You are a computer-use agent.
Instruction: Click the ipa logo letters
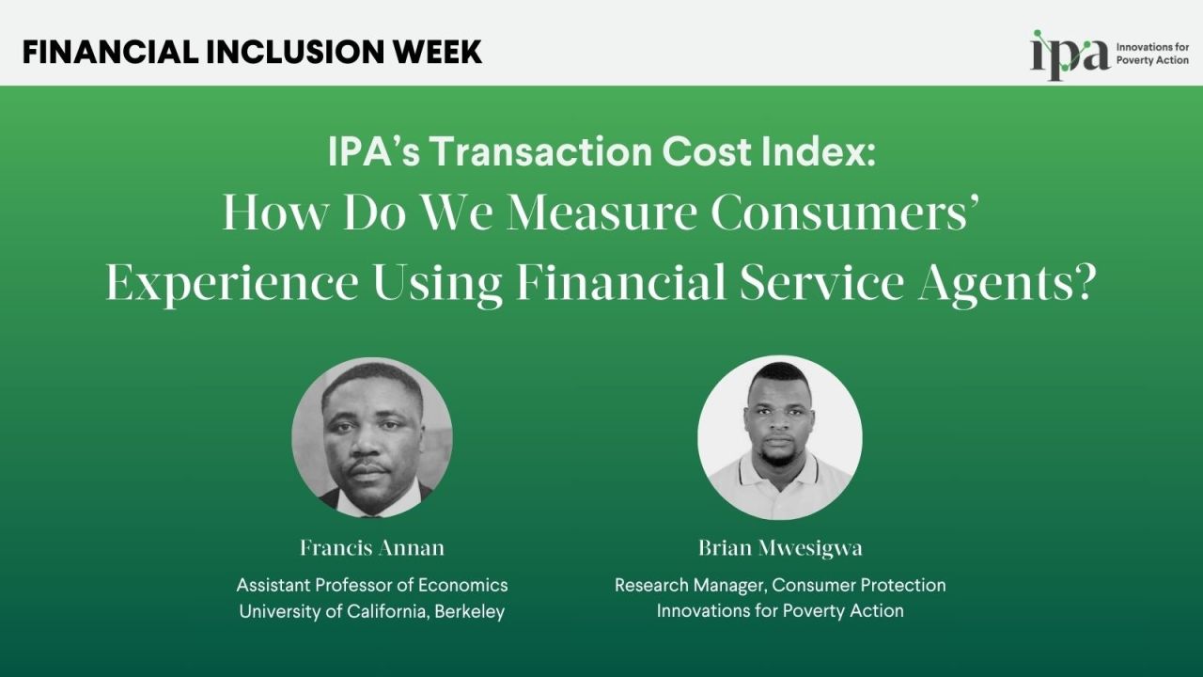1070,55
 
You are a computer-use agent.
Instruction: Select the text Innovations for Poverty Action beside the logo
1151,54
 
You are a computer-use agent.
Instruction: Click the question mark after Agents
1085,282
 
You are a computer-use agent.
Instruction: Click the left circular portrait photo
372,437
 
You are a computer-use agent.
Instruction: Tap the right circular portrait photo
779,437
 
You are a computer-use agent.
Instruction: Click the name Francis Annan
372,547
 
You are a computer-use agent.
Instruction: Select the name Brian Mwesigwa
779,547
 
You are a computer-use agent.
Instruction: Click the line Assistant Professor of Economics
372,585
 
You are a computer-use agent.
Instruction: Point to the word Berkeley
467,611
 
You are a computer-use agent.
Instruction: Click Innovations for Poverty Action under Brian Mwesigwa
779,611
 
